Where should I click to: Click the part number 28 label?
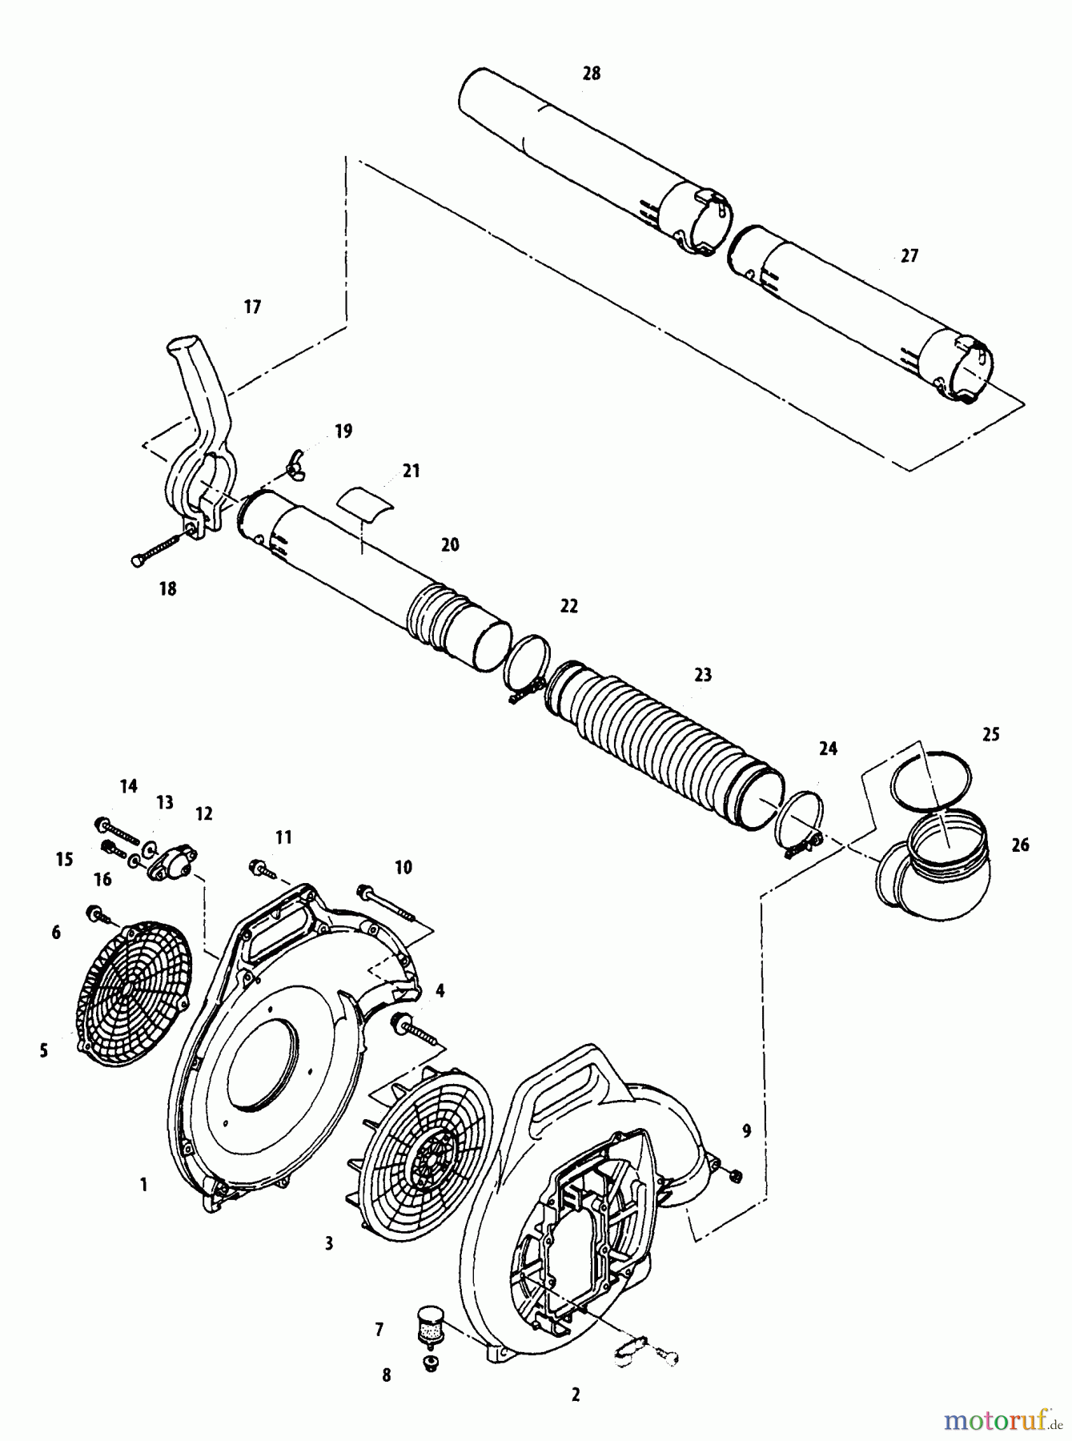tap(591, 74)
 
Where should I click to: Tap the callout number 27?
tap(909, 256)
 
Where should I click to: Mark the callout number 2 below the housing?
tap(575, 1395)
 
